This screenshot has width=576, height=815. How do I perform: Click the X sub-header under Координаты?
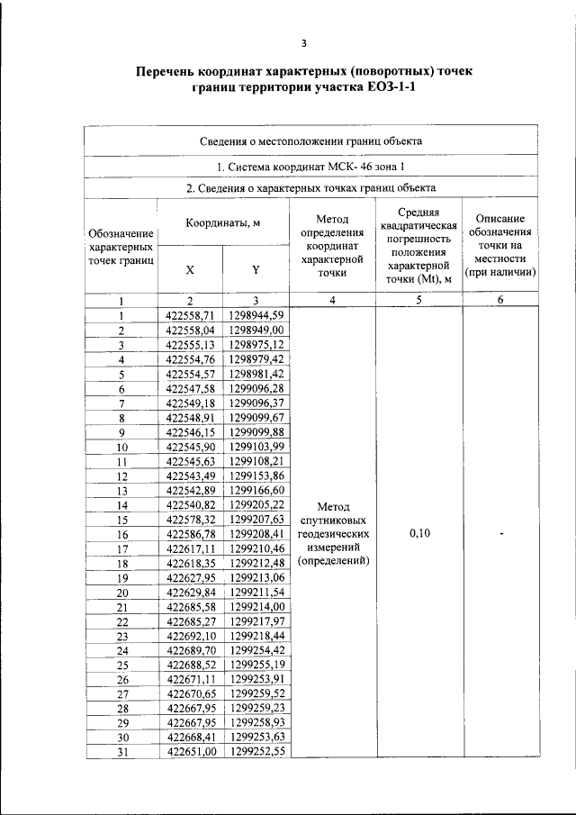tap(189, 269)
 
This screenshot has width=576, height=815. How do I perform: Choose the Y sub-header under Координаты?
tap(256, 269)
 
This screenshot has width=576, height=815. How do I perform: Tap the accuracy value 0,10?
tap(418, 533)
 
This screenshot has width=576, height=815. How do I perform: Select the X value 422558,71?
tap(190, 315)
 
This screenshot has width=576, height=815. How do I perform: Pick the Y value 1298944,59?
tap(256, 315)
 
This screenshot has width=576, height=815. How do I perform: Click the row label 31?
tap(121, 751)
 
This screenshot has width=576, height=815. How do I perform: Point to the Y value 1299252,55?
tap(256, 751)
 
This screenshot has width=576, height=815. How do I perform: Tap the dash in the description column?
tap(501, 533)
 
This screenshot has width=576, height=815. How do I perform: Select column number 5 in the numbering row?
tap(418, 301)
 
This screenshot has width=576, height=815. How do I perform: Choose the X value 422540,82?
tap(190, 504)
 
